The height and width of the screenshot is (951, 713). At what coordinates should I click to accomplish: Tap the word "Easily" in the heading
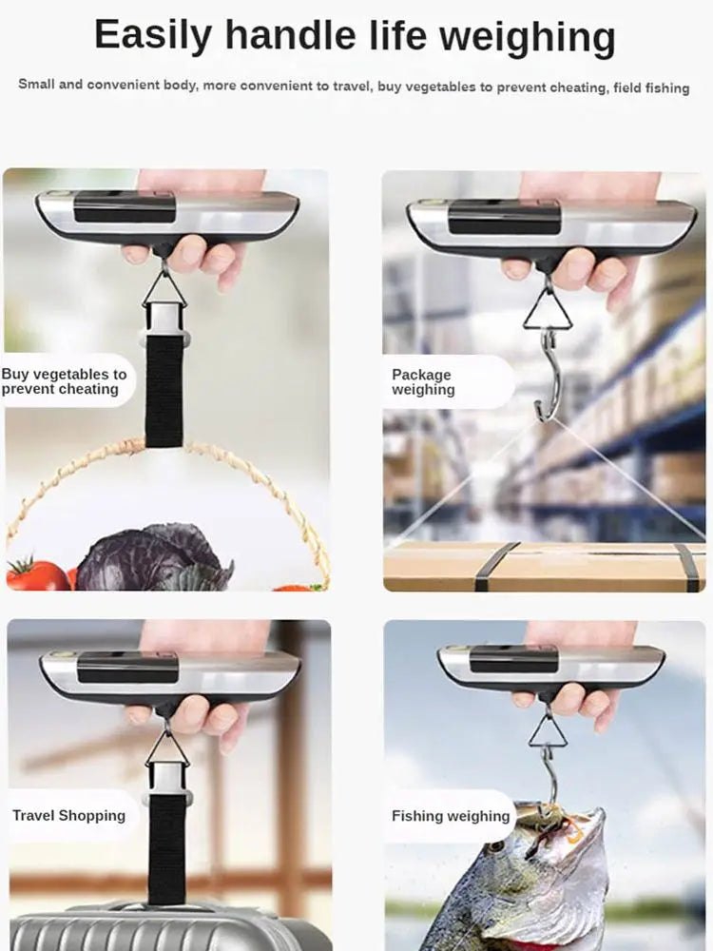[x=153, y=36]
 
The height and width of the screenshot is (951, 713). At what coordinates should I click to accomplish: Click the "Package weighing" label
[x=423, y=381]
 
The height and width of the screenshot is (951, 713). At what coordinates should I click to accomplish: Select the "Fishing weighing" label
[x=451, y=816]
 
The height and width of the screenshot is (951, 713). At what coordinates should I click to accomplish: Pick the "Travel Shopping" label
[x=68, y=815]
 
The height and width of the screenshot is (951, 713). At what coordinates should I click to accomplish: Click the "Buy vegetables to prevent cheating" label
[x=64, y=381]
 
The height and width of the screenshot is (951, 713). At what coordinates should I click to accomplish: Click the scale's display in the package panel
[x=504, y=217]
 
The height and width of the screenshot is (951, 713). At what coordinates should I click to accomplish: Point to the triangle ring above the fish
[x=549, y=731]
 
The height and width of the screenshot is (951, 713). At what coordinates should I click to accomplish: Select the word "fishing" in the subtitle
[x=663, y=87]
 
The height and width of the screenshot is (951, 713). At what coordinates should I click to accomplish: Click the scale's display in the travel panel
[x=127, y=668]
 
